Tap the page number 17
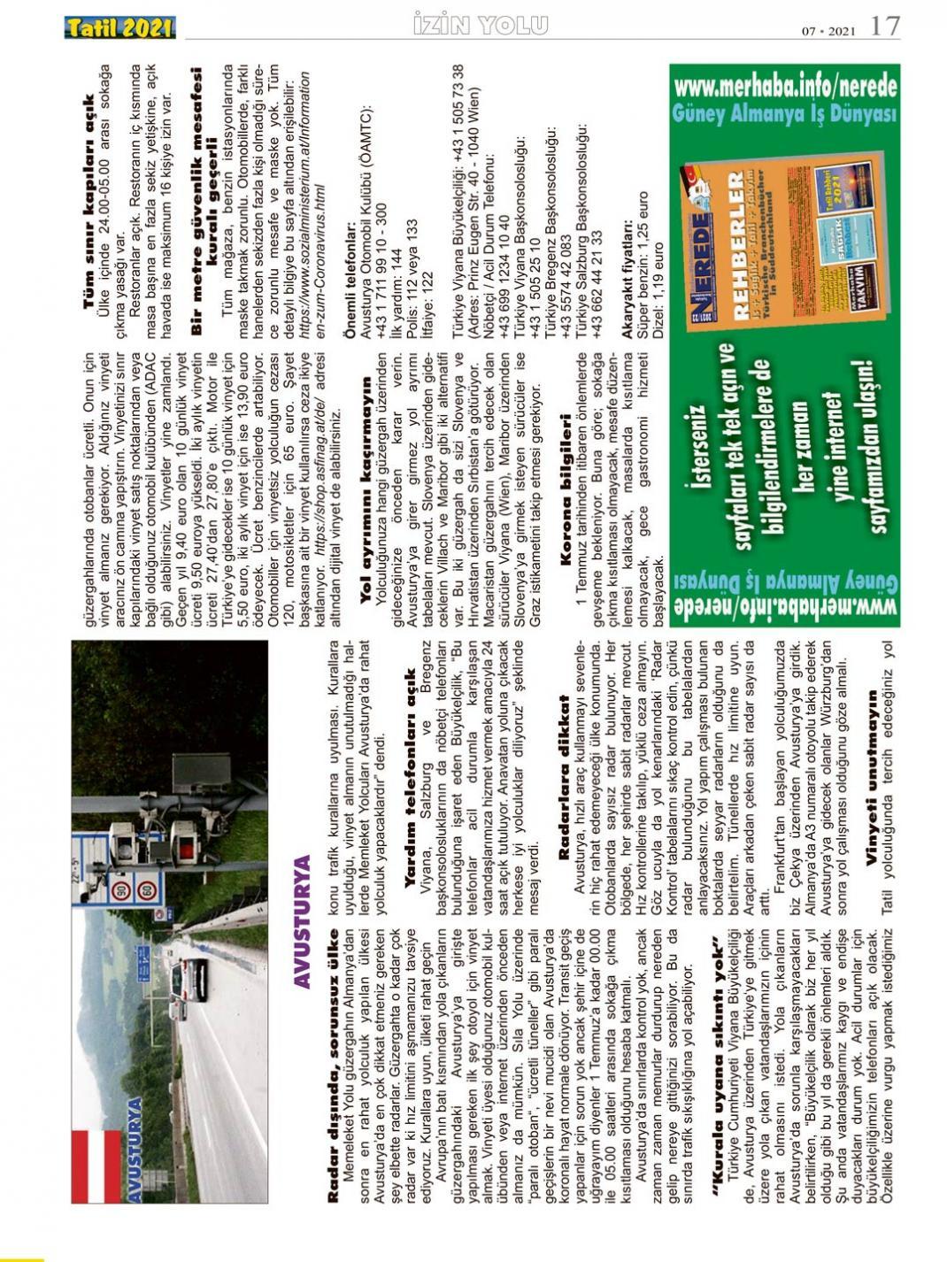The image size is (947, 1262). click(x=885, y=27)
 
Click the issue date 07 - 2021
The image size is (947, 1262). click(x=828, y=32)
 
